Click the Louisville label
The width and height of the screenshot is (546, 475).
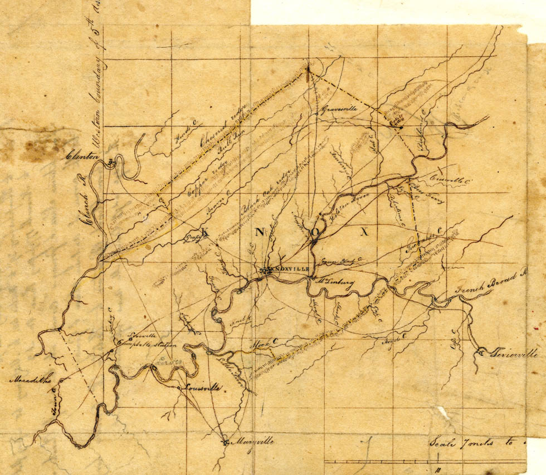pos(203,388)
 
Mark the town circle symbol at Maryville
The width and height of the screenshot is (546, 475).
pos(225,443)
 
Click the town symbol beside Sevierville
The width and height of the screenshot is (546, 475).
pos(480,351)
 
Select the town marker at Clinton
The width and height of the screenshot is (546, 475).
pos(111,161)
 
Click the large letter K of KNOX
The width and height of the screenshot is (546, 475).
pos(204,232)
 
